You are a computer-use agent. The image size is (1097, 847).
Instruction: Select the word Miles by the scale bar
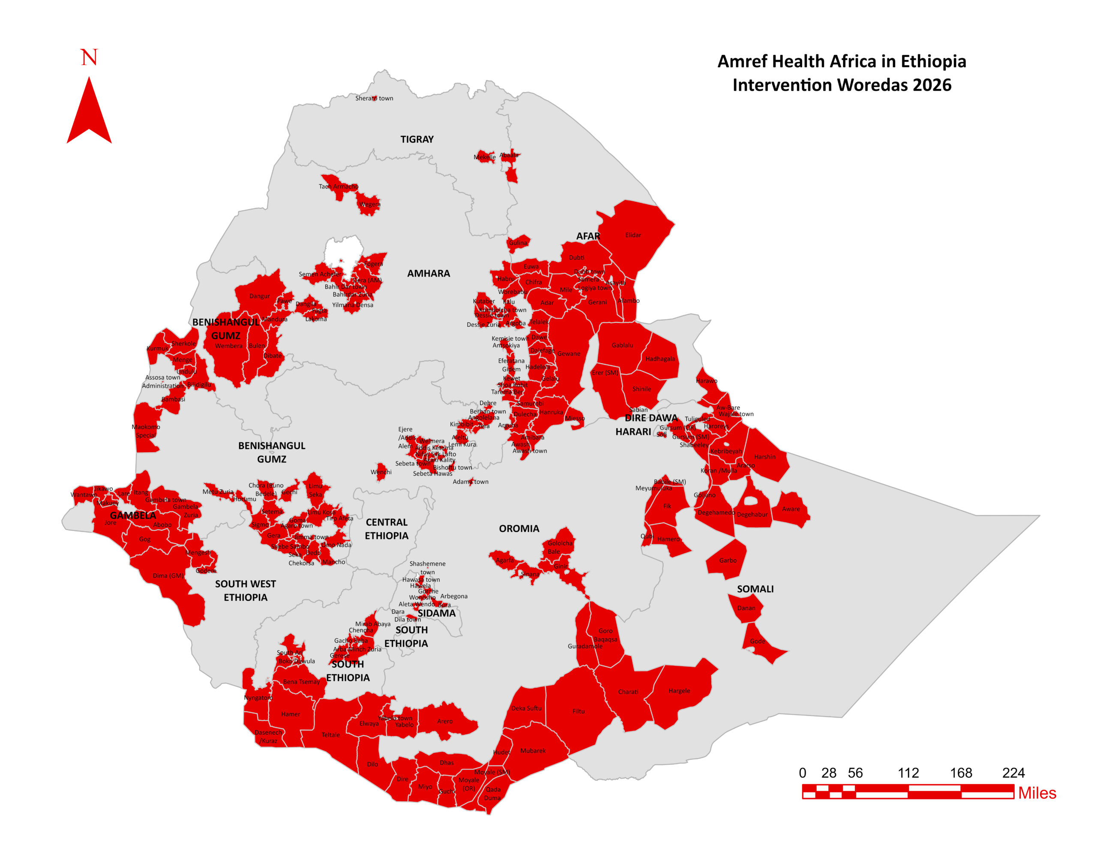(1037, 793)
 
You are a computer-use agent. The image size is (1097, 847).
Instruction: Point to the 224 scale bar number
(1013, 772)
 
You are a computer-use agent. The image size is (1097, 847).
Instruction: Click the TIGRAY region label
(417, 139)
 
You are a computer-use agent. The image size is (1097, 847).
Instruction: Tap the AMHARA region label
(429, 273)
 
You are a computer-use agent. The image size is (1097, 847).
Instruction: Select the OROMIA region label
(519, 528)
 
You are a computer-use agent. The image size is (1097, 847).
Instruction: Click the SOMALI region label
(755, 589)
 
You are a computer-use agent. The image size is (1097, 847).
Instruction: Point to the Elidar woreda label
(633, 235)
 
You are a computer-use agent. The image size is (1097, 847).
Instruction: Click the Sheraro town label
(374, 98)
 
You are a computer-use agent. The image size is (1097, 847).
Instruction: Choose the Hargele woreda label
(679, 691)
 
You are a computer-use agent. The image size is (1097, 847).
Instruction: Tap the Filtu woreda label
(578, 711)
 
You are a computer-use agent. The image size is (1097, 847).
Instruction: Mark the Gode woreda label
(757, 641)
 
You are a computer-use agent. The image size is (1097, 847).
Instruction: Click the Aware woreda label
(791, 509)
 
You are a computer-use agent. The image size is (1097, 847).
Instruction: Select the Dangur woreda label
(259, 296)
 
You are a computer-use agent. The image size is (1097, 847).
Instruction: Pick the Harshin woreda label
(764, 456)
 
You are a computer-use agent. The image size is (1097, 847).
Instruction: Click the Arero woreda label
(444, 721)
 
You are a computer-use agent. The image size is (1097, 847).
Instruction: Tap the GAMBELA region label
(132, 515)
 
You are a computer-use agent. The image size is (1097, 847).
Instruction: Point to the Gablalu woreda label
(622, 345)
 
